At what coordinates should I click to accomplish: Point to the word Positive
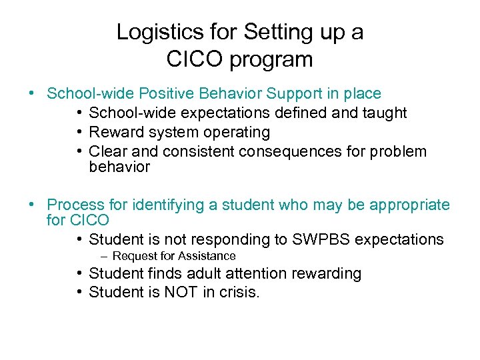tap(176, 94)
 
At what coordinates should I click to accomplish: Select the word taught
tap(383, 113)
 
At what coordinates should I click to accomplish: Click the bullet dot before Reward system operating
tap(79, 133)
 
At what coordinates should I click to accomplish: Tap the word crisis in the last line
tap(236, 292)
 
